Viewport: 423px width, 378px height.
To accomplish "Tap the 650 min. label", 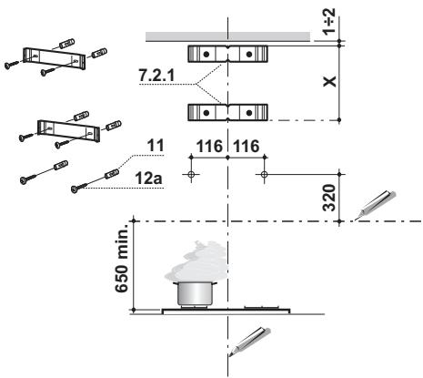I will pyautogui.click(x=117, y=265).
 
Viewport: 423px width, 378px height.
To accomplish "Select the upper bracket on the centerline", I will pyautogui.click(x=227, y=54).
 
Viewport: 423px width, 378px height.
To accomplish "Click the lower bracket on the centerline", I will pyautogui.click(x=227, y=113).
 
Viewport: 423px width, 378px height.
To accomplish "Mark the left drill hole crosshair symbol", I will pyautogui.click(x=189, y=171).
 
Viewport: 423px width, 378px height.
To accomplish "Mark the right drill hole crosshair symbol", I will pyautogui.click(x=264, y=171).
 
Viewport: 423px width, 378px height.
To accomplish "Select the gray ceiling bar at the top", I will pyautogui.click(x=227, y=36).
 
